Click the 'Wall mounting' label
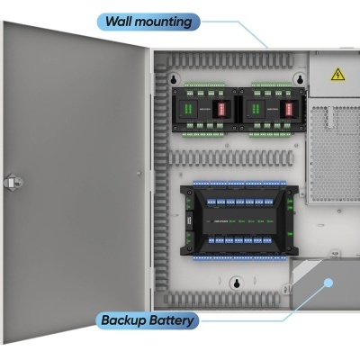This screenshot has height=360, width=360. point(148,20)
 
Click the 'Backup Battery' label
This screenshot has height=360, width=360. point(148,319)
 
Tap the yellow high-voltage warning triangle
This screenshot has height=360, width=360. point(337,74)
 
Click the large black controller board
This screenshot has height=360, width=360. point(238,220)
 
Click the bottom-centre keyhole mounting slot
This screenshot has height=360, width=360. point(236,284)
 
